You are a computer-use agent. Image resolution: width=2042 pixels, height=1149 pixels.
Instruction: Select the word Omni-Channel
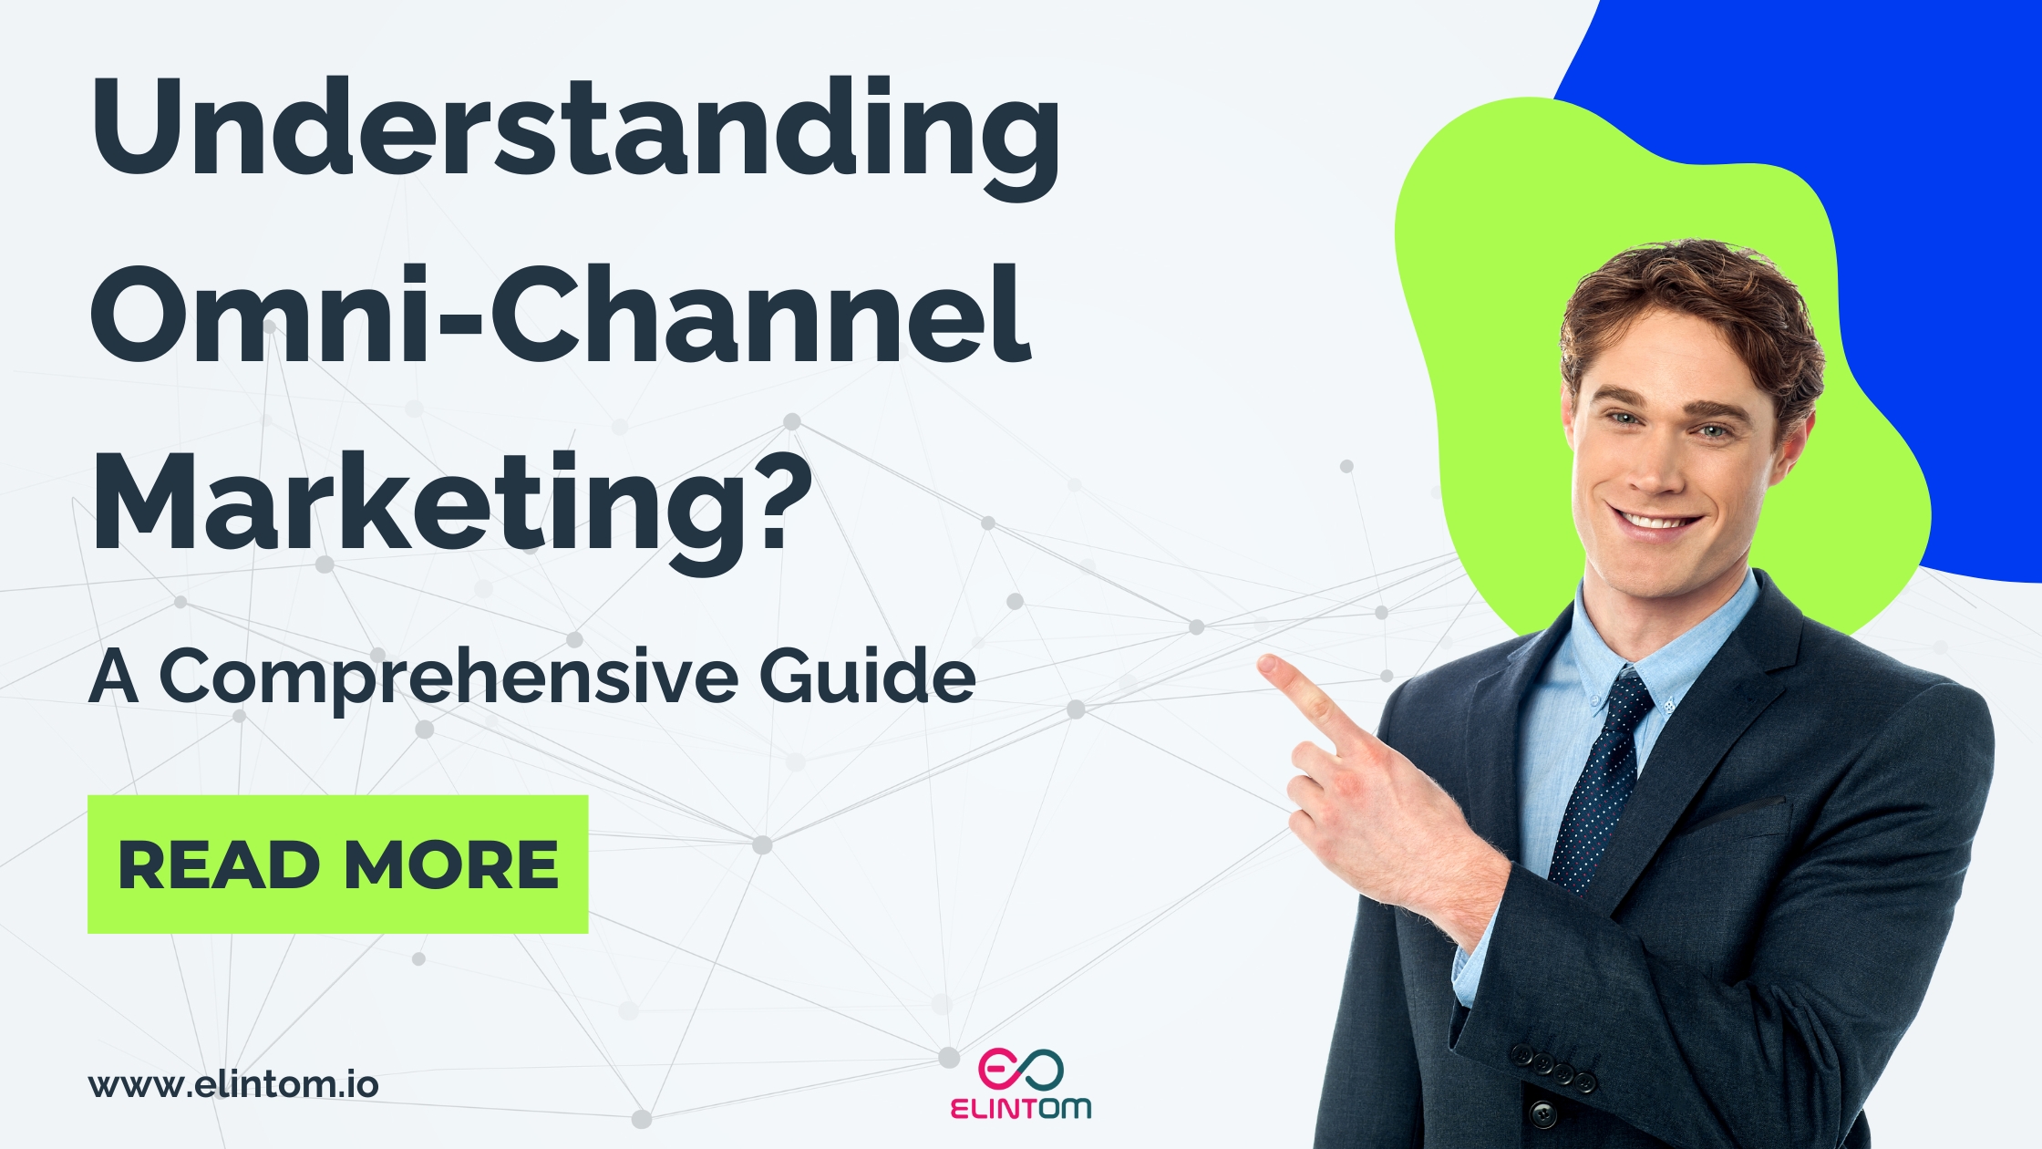pos(561,315)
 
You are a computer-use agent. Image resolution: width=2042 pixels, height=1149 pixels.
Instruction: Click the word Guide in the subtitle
pos(867,677)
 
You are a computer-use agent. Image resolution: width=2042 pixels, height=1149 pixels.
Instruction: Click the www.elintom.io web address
pos(233,1085)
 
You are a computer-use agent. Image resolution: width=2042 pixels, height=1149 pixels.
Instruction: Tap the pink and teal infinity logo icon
pos(1020,1069)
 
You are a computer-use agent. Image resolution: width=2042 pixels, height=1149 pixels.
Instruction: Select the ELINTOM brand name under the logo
pos(1020,1108)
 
